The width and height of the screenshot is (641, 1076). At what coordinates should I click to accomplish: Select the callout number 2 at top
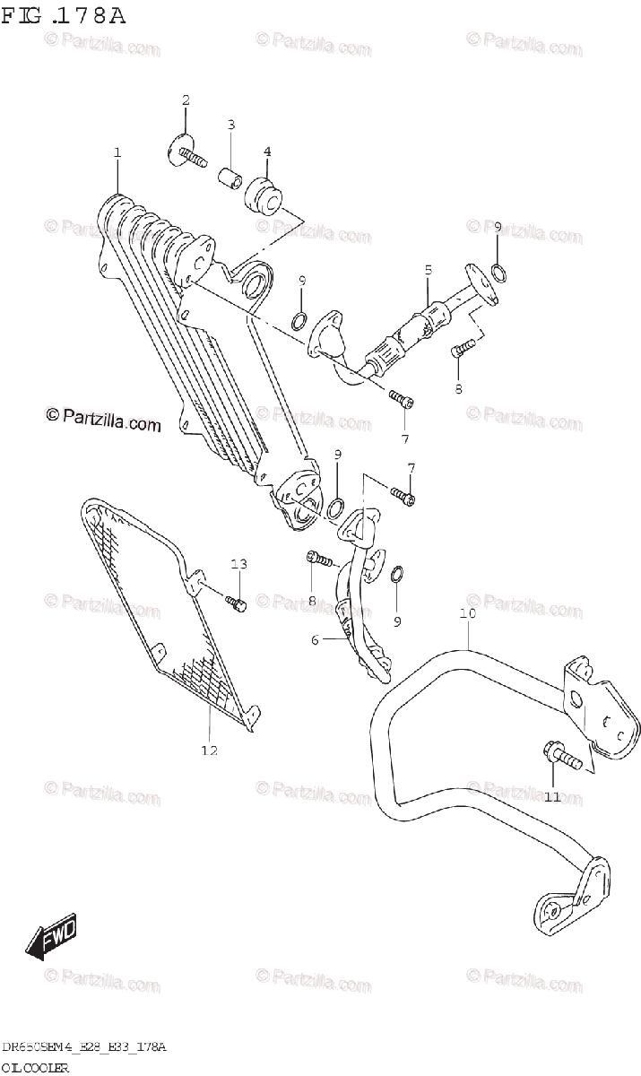point(186,100)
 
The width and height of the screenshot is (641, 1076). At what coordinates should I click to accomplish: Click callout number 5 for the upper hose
point(429,269)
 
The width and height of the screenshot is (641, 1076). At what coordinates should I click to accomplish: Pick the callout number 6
point(315,640)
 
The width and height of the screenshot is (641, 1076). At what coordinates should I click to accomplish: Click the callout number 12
point(209,751)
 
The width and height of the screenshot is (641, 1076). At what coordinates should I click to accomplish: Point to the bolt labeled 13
point(237,604)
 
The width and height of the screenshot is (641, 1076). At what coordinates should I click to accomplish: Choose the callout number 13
point(238,564)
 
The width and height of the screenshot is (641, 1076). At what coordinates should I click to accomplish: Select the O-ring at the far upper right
point(500,273)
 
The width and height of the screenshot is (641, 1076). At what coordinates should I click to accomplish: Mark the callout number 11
point(551,796)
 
